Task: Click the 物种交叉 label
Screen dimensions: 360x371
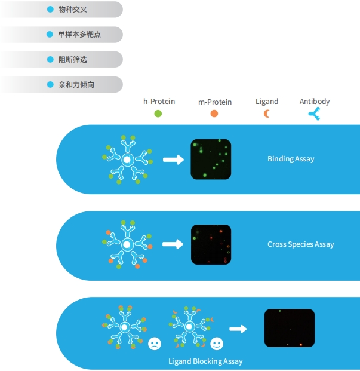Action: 73,10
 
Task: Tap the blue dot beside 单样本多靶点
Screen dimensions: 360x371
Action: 50,34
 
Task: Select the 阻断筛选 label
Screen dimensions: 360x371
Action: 73,59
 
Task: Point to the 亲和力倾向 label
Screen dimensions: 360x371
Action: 76,84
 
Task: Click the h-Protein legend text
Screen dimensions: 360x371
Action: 159,102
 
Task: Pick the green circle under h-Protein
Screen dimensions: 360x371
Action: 158,114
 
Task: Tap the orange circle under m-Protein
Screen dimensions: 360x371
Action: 214,114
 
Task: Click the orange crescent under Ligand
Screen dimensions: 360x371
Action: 266,114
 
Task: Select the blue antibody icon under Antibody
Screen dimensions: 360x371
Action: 315,114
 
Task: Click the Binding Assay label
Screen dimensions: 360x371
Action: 291,159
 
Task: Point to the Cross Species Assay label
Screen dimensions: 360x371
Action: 301,244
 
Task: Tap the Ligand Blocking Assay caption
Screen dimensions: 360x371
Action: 205,361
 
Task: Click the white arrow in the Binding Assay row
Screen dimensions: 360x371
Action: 173,160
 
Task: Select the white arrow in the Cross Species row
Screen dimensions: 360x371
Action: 173,244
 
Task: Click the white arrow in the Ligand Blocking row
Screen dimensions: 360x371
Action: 238,329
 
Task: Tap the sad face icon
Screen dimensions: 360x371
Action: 155,344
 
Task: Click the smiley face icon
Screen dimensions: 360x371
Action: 217,344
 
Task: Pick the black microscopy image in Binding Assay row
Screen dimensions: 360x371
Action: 211,160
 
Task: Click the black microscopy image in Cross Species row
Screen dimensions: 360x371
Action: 211,245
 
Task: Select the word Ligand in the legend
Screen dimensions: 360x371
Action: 267,102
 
